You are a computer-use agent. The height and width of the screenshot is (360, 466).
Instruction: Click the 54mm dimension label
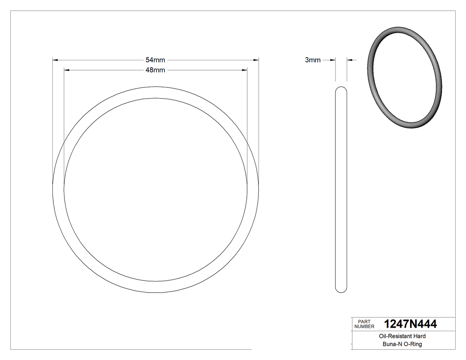click(x=155, y=60)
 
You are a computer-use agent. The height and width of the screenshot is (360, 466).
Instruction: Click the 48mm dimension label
click(x=155, y=70)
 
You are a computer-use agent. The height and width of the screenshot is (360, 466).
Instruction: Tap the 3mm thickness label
click(x=312, y=60)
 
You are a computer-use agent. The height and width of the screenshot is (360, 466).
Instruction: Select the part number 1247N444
click(x=410, y=324)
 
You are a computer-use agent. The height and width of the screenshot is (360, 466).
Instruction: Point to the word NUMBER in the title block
click(x=364, y=327)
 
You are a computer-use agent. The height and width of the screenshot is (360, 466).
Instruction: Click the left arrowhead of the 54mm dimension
click(x=55, y=60)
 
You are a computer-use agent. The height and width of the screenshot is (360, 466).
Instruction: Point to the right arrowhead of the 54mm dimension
click(x=256, y=60)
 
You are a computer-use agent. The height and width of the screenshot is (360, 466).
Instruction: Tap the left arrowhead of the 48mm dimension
click(x=67, y=70)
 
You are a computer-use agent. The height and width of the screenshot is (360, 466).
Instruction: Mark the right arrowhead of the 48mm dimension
click(x=245, y=70)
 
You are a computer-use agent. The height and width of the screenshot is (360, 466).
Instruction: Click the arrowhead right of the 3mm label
click(x=333, y=60)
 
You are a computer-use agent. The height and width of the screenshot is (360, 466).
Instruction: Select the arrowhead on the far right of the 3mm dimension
click(x=349, y=60)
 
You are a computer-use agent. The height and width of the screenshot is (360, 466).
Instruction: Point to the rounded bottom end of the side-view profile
click(x=341, y=290)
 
